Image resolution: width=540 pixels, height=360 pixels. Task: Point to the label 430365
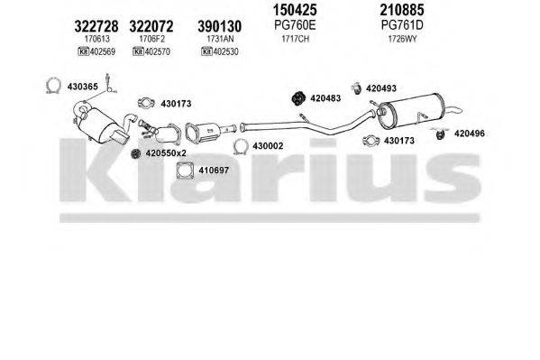click(84, 86)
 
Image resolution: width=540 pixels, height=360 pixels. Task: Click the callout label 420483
click(329, 97)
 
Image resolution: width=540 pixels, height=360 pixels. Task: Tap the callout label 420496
click(469, 134)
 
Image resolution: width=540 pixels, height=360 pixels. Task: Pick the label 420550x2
click(165, 153)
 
